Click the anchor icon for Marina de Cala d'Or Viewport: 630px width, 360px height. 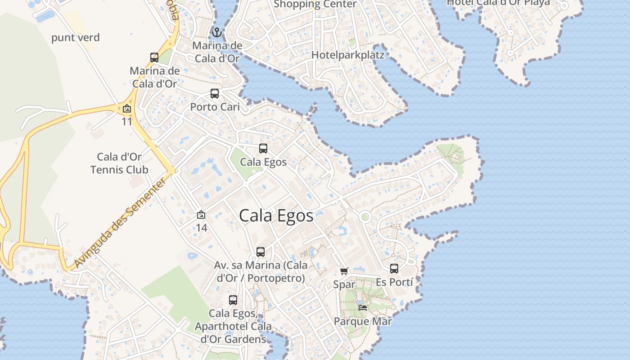pos(217,32)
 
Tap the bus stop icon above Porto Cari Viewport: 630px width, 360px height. pos(215,94)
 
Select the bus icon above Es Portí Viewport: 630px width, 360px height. pos(394,269)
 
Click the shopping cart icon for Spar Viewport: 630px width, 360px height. pos(344,271)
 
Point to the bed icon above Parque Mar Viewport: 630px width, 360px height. pos(363,308)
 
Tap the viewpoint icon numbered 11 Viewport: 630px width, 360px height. pos(127,108)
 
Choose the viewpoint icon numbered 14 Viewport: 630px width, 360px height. pos(201,215)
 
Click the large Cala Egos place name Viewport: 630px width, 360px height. pos(276,216)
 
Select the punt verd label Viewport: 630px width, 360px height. pos(75,37)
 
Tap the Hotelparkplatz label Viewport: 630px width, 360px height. pos(348,55)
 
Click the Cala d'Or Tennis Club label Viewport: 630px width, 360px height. pos(119,163)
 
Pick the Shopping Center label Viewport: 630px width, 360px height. pos(315,4)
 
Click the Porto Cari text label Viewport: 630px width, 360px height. pos(215,107)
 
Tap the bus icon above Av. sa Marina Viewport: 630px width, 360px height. pos(261,252)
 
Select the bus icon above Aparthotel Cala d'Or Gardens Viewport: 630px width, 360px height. pos(233,300)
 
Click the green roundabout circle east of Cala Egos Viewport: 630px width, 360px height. pos(365,217)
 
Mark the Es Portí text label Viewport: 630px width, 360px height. pos(394,282)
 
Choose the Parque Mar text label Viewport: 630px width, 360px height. pos(363,321)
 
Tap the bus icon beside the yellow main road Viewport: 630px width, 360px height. pos(154,58)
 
